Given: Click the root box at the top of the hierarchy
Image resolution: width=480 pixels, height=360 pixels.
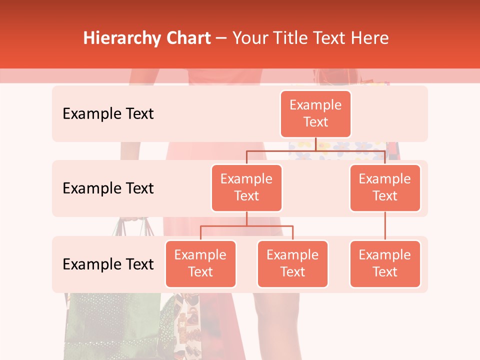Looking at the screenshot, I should pos(315,113).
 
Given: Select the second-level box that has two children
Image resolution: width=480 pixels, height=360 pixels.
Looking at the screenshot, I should pos(246,187).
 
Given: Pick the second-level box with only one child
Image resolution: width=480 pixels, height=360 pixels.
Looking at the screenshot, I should pos(385,187).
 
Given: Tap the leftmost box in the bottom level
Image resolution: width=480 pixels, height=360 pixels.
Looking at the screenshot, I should pos(200,263).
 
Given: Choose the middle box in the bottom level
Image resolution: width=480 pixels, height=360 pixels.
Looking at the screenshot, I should pos(292,263).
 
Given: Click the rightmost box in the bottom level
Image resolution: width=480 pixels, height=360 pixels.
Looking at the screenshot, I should pos(385,263).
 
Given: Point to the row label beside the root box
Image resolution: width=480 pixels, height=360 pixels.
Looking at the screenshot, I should pos(108,113).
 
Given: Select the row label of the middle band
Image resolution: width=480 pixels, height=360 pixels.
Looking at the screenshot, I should pos(108,188).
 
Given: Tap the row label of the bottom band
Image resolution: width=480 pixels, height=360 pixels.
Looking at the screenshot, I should pos(108,264).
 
